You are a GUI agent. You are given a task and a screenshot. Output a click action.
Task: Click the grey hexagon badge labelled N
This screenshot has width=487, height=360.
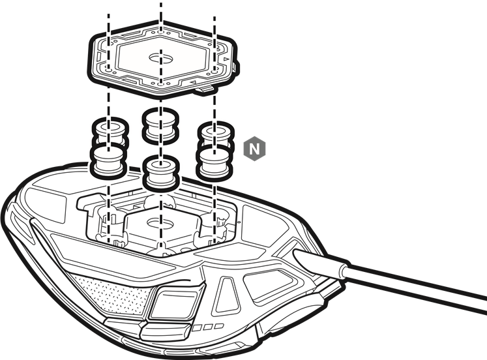tap(254, 149)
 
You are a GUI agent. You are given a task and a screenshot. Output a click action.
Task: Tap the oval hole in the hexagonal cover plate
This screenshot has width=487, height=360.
tap(160, 58)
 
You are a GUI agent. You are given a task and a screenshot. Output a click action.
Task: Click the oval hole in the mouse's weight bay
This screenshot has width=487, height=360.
tap(160, 222)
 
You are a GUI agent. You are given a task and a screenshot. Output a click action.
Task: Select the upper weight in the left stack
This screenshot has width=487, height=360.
tap(110, 132)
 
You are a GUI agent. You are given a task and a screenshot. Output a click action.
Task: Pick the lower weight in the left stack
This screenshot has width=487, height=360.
tap(108, 160)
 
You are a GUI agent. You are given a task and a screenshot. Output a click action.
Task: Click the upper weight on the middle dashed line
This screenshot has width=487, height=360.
tap(160, 126)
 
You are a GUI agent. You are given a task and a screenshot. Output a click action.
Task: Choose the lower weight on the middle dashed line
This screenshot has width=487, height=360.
tap(161, 173)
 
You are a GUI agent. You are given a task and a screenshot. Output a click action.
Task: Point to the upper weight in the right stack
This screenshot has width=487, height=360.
tap(216, 134)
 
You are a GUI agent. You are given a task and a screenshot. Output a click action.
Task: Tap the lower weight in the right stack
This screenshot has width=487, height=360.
tap(214, 164)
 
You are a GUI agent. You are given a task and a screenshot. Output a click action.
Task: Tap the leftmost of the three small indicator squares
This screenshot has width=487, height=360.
tap(196, 327)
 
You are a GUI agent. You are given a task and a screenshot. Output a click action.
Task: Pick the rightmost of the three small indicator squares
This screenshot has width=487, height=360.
tap(219, 326)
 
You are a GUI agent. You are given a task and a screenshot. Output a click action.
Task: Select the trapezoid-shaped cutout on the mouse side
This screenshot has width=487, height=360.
tap(228, 295)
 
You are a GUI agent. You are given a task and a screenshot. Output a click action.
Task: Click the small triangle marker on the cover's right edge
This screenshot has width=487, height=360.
tap(226, 59)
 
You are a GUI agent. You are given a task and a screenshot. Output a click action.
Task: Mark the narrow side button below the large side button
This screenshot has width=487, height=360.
tap(166, 331)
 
